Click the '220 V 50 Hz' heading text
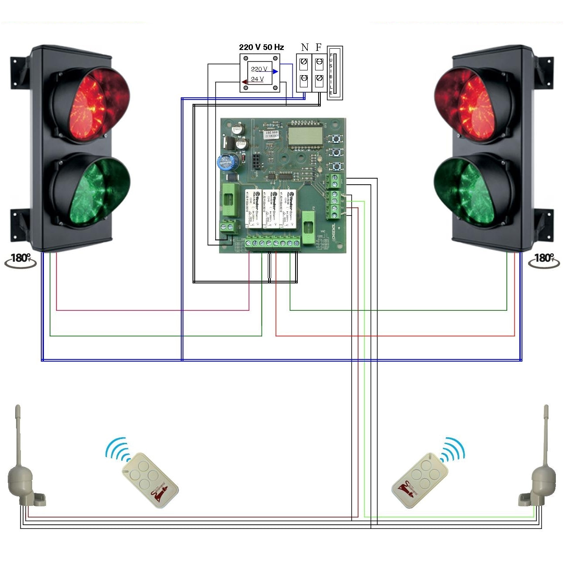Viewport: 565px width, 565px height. tap(261, 47)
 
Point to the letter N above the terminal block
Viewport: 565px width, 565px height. tap(305, 47)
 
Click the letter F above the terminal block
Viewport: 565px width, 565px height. tap(319, 47)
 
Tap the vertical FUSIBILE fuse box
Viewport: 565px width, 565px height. tap(335, 73)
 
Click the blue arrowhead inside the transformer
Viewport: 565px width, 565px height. tap(275, 71)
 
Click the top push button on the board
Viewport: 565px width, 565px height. tap(336, 139)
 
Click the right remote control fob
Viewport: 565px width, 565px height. tap(416, 480)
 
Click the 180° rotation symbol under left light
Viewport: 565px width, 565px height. tap(20, 260)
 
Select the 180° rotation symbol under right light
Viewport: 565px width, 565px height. tap(543, 260)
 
